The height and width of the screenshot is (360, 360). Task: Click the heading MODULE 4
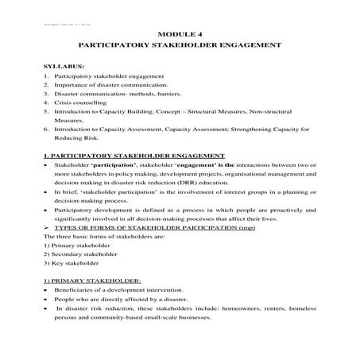(x=180, y=36)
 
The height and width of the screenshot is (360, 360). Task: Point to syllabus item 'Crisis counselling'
(x=82, y=104)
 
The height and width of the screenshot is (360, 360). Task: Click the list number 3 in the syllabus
(x=46, y=95)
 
